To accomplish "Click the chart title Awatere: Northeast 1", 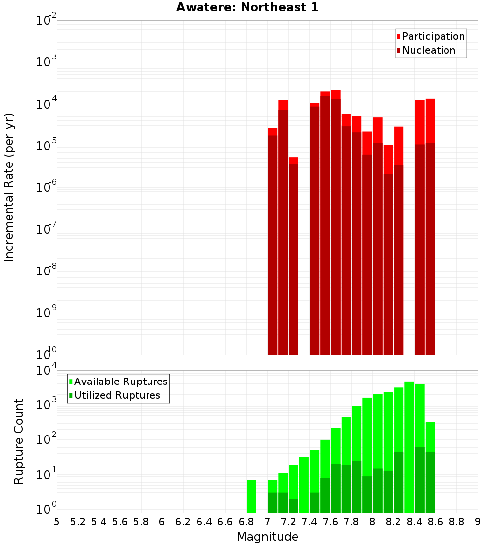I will (x=247, y=8).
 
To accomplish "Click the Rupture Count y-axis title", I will (x=19, y=441).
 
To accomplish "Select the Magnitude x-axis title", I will (x=267, y=537).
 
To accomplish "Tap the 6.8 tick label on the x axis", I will (x=246, y=522).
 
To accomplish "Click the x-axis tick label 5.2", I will (x=78, y=522).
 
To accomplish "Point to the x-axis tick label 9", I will (x=478, y=522).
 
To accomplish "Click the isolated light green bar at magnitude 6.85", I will (x=251, y=496).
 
